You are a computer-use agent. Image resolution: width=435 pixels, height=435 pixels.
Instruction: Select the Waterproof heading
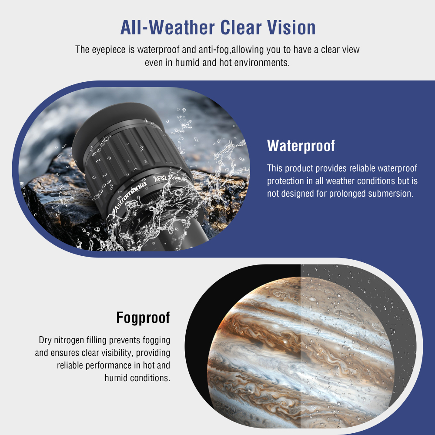coord(301,146)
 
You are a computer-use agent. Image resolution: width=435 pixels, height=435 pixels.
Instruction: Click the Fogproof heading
coord(143,318)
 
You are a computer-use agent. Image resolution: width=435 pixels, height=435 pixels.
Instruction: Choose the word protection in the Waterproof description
coord(288,181)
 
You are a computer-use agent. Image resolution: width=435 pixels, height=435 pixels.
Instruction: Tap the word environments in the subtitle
coord(262,62)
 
